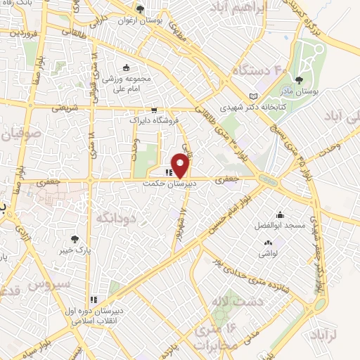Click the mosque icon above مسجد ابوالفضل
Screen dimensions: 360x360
tap(281, 215)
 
